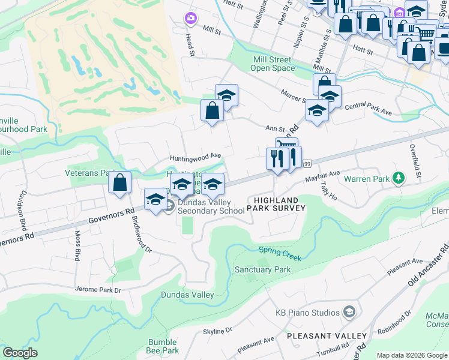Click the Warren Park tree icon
397,178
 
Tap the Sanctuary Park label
263,269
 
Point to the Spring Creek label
280,253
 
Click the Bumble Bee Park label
163,346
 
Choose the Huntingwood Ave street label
195,155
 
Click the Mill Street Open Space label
272,64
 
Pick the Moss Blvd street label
77,246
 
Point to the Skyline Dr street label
217,331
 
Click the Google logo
20,353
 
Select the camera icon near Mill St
191,19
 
